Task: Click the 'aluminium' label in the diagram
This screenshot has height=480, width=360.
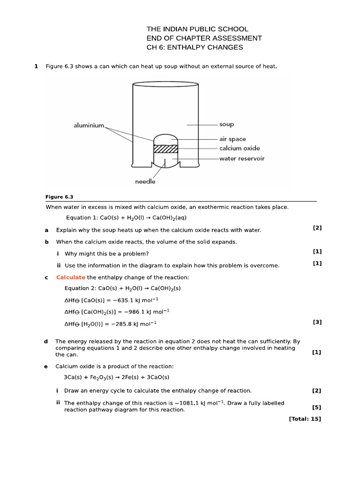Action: (89, 125)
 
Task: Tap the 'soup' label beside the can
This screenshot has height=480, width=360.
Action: (226, 125)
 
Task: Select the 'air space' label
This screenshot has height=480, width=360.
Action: (232, 139)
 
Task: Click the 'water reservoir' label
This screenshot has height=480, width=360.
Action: (242, 158)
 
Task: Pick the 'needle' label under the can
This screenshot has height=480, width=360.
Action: (145, 181)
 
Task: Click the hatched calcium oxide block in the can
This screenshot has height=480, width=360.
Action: (166, 149)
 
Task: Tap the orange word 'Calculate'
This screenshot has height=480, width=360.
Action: (71, 277)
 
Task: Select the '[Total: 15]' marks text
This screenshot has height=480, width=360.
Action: (305, 419)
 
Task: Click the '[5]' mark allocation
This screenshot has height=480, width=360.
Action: (316, 407)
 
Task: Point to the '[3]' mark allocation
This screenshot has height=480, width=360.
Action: (317, 322)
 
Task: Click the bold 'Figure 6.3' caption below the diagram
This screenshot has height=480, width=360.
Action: (59, 197)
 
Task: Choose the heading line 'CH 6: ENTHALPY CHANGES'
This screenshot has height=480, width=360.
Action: (195, 47)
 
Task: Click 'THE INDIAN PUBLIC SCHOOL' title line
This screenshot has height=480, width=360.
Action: (197, 29)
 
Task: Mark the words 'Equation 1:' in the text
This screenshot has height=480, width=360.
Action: (82, 217)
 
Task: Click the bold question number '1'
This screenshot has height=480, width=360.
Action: (36, 66)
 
